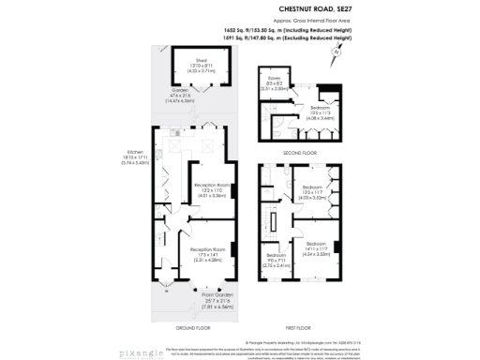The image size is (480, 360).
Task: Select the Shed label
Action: click(202, 61)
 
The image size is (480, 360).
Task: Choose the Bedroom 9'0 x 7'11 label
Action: click(277, 259)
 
